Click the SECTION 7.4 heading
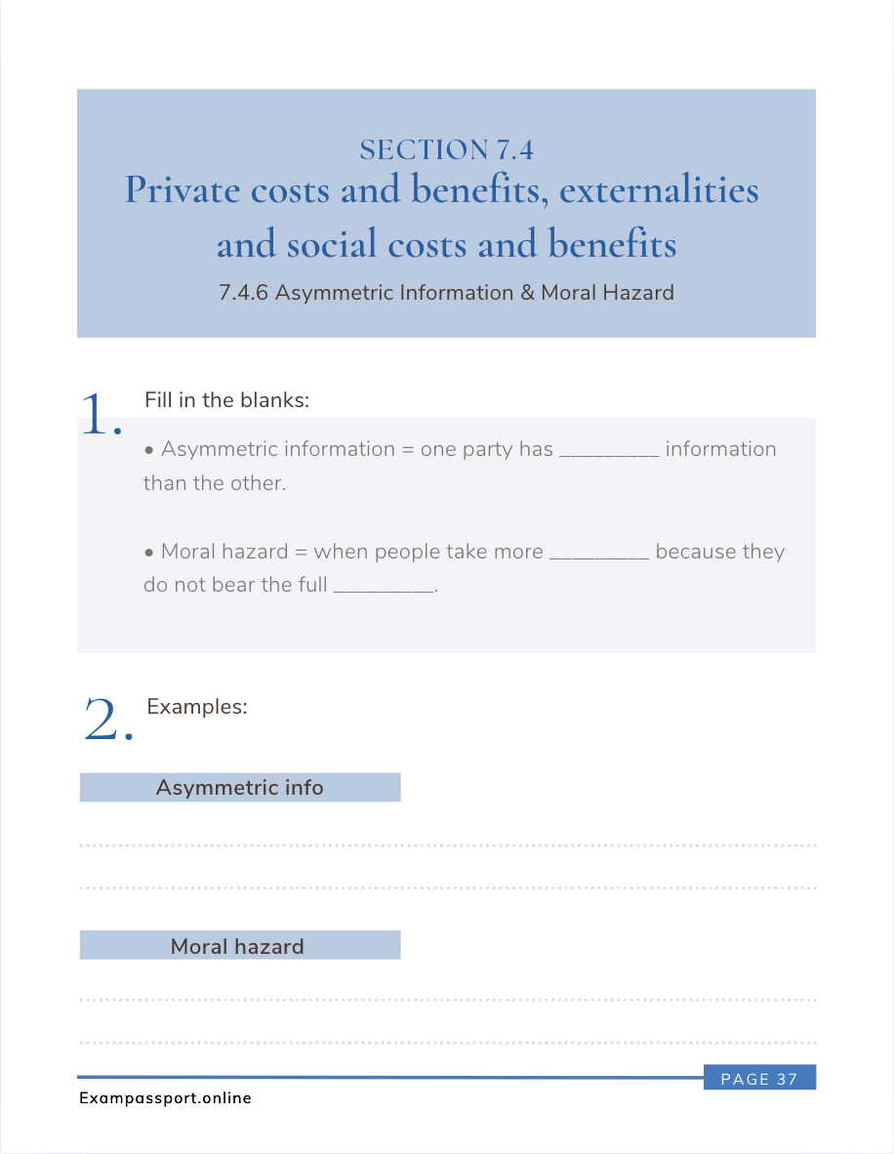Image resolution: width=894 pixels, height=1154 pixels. [x=446, y=150]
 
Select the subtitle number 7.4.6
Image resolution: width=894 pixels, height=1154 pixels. [x=245, y=293]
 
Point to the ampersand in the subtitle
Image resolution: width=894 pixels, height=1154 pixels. [x=527, y=293]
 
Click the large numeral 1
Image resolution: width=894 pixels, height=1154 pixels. [x=100, y=414]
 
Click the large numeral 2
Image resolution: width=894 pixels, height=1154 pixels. [x=107, y=721]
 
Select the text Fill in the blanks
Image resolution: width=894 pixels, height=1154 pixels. [x=226, y=400]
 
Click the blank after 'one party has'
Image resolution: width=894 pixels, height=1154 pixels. [x=609, y=451]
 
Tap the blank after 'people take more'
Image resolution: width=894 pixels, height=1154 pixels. [x=599, y=554]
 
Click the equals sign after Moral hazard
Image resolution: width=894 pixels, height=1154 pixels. [x=301, y=553]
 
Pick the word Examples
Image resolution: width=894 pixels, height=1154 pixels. [x=197, y=707]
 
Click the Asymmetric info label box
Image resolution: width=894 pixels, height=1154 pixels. [x=240, y=788]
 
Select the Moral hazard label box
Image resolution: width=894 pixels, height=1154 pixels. [x=240, y=946]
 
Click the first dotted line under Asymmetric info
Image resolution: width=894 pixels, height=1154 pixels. [x=447, y=845]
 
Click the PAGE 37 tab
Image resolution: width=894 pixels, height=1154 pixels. [x=759, y=1079]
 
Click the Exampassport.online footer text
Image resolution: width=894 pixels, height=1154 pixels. [x=165, y=1098]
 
